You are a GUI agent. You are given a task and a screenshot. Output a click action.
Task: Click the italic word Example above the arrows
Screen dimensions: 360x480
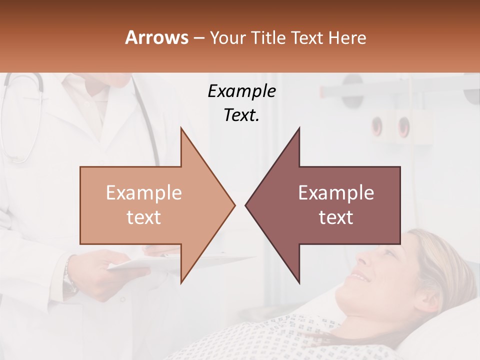242,91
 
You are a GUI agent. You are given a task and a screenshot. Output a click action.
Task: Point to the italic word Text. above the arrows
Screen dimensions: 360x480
241,115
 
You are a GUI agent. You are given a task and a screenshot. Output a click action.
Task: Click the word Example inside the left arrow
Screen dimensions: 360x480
144,193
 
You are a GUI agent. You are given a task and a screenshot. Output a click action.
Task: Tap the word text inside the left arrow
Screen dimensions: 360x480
144,217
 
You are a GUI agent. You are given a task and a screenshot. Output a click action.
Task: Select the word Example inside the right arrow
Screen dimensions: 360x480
336,193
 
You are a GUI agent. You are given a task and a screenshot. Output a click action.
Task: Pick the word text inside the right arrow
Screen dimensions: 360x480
336,217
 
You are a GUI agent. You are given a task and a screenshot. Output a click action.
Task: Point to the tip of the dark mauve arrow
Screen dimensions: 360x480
246,205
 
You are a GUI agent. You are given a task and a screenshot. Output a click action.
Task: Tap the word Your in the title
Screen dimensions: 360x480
227,37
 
